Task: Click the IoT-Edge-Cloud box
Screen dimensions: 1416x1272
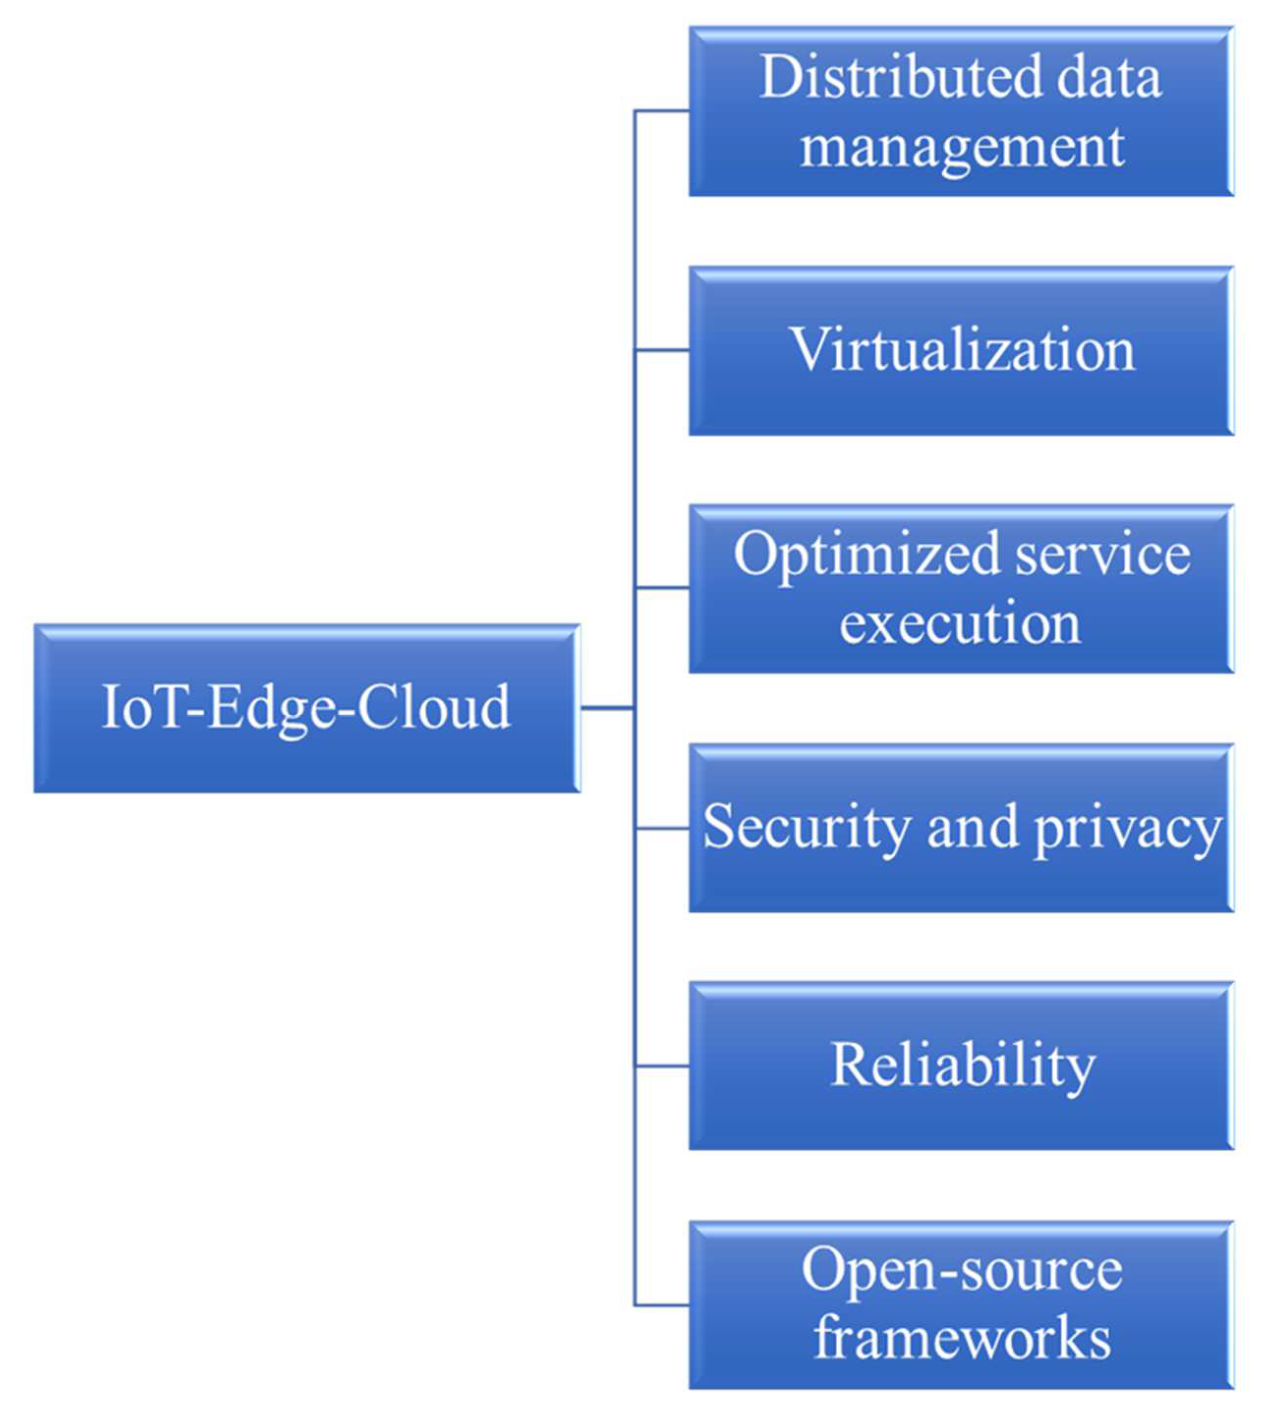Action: click(x=307, y=708)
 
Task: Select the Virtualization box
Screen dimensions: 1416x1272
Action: click(x=961, y=351)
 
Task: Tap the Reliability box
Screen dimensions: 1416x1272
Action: click(x=961, y=1065)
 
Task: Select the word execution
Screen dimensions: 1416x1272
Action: click(x=960, y=623)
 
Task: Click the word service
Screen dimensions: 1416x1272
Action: click(x=1102, y=554)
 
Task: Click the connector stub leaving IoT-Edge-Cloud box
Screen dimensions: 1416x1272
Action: click(x=607, y=708)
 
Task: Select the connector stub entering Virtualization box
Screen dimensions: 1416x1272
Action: click(x=662, y=350)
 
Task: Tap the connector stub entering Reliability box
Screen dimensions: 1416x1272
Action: click(x=662, y=1066)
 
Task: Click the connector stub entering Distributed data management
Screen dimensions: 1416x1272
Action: click(x=662, y=111)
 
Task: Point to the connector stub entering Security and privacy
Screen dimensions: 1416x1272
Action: click(x=662, y=828)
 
